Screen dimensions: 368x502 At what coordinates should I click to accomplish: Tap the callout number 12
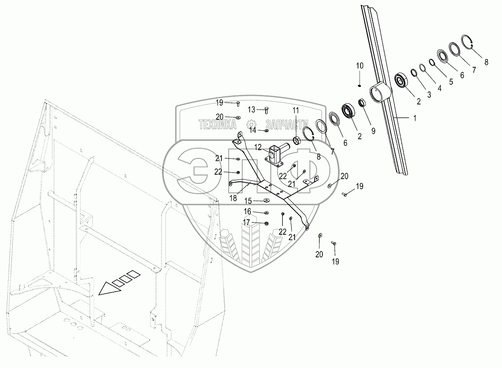258,147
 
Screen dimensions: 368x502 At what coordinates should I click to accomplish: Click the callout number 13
251,109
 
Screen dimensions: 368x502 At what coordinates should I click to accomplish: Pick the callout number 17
247,222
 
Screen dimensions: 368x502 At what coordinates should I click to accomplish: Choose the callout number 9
373,131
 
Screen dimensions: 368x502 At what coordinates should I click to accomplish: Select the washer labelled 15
266,201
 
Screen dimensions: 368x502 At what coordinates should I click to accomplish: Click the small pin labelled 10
360,85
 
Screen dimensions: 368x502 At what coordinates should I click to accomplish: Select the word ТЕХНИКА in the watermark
217,125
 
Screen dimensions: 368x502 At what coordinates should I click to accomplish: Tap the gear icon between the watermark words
251,125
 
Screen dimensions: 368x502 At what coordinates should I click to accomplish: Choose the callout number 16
247,212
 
